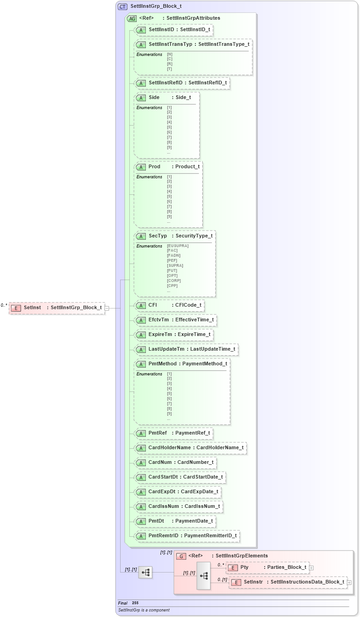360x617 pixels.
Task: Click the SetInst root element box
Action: click(57, 308)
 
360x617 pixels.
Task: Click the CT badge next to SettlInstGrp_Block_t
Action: click(122, 6)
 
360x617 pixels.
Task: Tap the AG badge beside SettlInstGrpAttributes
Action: click(132, 18)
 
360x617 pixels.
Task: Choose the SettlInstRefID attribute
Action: click(182, 83)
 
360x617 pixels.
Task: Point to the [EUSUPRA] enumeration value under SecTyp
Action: click(177, 246)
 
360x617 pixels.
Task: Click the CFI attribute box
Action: click(169, 305)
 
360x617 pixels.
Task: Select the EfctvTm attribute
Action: click(175, 320)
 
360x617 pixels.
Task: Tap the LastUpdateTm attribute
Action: click(186, 349)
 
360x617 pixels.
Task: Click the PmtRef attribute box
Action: click(173, 433)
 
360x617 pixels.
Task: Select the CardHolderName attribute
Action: click(190, 447)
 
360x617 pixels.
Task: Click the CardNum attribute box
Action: click(175, 462)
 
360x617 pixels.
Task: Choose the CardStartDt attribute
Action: click(179, 477)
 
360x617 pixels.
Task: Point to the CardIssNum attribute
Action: click(178, 507)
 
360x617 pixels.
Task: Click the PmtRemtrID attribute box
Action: click(187, 535)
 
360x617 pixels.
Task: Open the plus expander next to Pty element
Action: click(311, 567)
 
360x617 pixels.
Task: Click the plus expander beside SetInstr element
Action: click(349, 582)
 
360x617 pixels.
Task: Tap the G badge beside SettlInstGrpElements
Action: click(181, 556)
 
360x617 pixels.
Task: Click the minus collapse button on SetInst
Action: click(107, 308)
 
